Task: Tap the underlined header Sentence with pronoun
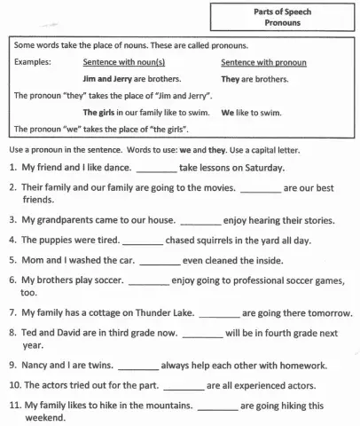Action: (263, 63)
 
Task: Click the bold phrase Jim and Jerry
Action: (108, 78)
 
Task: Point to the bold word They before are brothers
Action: (231, 78)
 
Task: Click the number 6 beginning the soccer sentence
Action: (12, 280)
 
